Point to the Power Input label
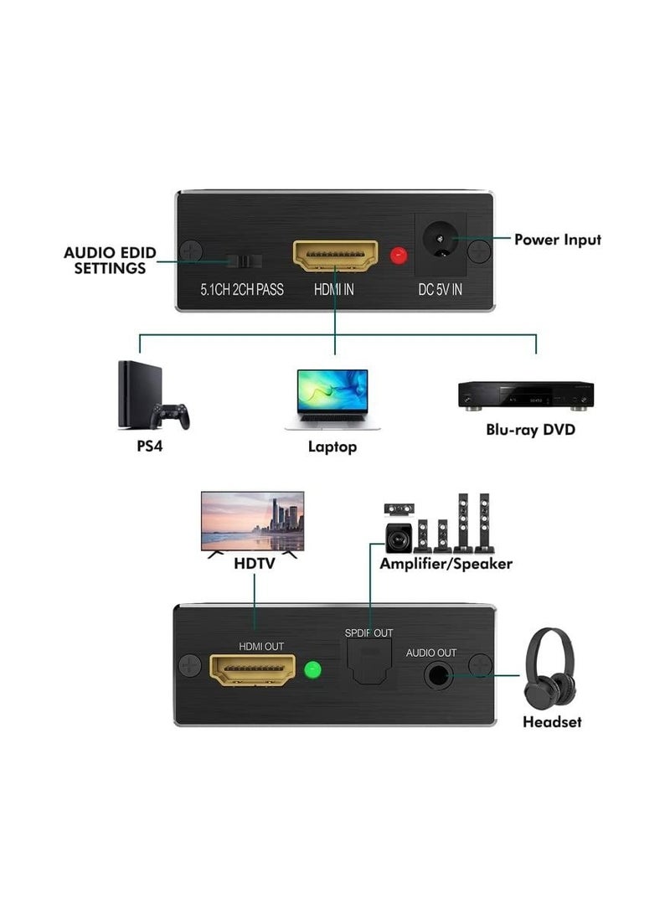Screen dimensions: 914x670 [x=557, y=240]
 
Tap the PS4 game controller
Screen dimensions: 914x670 [x=170, y=416]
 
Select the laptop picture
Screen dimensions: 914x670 [x=332, y=400]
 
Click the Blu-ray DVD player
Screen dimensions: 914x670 [x=525, y=395]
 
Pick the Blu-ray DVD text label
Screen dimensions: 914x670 [x=531, y=431]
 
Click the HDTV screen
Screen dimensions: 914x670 [x=253, y=520]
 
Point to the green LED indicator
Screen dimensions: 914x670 [x=313, y=670]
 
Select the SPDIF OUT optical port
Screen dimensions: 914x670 [x=368, y=663]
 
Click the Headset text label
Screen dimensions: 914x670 [x=551, y=721]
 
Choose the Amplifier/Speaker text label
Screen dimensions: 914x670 [x=446, y=563]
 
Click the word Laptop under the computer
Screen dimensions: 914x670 [x=332, y=447]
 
